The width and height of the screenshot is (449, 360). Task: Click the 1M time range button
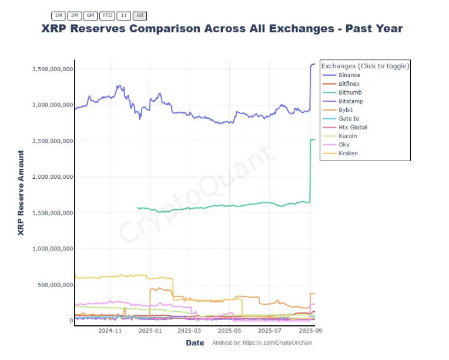pos(58,15)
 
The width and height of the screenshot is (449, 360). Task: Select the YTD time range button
pos(107,15)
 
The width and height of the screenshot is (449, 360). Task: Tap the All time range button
pos(140,15)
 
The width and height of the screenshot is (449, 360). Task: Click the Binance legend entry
pos(349,75)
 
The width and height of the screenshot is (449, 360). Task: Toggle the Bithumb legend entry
pos(350,93)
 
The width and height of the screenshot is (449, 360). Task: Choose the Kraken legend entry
pos(348,154)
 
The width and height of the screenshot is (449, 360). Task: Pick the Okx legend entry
pos(345,145)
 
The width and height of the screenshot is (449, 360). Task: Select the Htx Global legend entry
pos(353,128)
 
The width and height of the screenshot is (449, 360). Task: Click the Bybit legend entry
pos(346,110)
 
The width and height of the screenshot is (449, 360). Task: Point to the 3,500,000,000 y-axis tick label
pos(52,69)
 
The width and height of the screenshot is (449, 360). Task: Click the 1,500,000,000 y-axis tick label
pos(52,213)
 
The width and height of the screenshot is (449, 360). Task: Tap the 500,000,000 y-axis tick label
pos(54,285)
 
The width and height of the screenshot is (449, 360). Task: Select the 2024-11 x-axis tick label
pos(109,331)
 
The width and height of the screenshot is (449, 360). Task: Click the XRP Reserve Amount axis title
pos(21,193)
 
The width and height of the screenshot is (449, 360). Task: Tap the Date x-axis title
pos(195,343)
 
